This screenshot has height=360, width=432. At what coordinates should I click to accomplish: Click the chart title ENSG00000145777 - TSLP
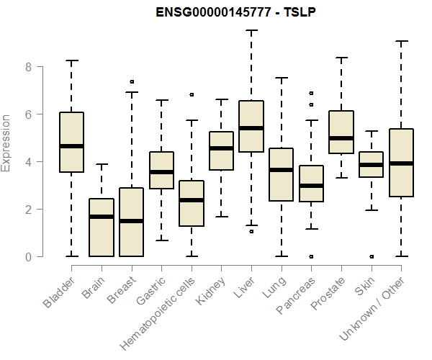click(227, 12)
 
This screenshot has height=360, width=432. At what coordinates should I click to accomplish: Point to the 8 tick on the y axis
click(27, 67)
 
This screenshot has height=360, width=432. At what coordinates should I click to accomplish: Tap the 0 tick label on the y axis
click(27, 256)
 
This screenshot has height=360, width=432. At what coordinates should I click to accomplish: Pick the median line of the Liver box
click(251, 128)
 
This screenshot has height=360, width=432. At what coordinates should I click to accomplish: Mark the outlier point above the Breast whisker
click(131, 82)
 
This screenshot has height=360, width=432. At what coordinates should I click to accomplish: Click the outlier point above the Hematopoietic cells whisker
click(191, 94)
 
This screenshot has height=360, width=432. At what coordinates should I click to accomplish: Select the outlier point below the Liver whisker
click(251, 231)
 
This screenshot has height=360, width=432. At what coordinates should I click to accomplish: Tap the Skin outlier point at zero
click(371, 256)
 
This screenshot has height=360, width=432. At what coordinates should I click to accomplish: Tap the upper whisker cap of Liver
click(251, 30)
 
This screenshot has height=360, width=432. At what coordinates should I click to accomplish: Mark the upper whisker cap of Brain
click(101, 164)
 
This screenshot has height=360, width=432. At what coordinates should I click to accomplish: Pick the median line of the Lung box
click(281, 170)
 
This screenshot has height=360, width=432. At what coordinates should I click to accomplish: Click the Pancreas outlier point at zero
click(311, 256)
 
